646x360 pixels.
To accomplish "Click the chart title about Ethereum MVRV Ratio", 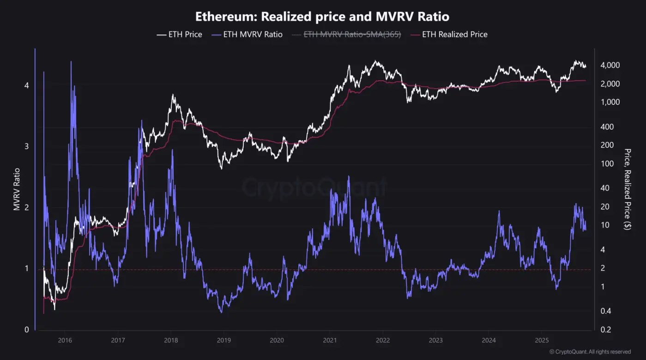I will pos(322,17).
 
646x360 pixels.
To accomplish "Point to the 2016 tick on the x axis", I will pos(65,341).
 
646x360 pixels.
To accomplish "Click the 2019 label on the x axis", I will pos(223,341).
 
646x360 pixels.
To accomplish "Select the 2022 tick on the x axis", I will pos(383,341).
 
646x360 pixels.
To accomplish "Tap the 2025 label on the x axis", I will pos(542,341).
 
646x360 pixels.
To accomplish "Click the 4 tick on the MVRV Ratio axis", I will pos(27,85).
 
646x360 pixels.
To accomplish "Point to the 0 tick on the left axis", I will pos(27,330).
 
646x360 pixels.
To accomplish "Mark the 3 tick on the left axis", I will pos(27,146).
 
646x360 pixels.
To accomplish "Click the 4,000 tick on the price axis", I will pos(610,66).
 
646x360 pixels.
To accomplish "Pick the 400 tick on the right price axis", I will pos(607,127).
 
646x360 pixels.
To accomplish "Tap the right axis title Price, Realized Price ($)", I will pos(628,189).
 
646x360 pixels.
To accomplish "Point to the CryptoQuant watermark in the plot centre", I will pos(314,187).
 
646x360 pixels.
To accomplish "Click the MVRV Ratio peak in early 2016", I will pos(71,61).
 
